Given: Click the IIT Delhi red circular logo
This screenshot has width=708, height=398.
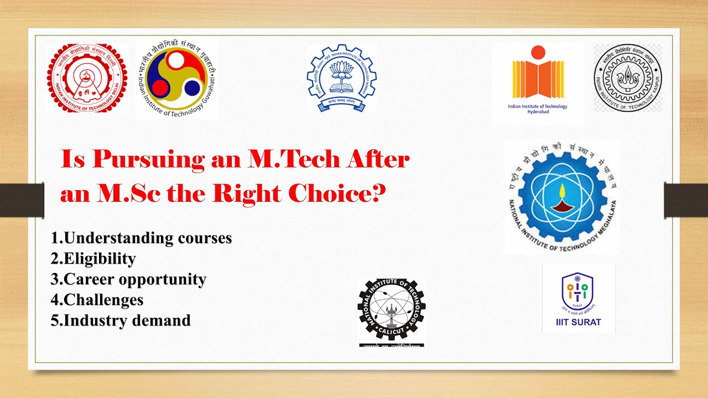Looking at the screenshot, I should click(x=87, y=78).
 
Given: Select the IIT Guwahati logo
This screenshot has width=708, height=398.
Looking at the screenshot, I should click(x=178, y=79).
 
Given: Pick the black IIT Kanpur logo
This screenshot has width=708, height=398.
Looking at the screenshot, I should click(x=628, y=78).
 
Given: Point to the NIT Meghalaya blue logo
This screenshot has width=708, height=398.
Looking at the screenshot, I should click(x=562, y=196).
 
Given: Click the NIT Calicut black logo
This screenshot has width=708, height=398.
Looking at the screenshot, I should click(x=391, y=312).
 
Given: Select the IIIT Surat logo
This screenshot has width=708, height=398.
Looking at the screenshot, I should click(x=578, y=298).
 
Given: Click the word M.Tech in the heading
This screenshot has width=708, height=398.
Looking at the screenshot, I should click(x=282, y=160).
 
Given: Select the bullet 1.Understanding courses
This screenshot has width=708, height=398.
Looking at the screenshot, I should click(x=141, y=238).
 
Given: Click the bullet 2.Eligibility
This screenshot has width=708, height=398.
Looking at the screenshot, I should click(x=93, y=259).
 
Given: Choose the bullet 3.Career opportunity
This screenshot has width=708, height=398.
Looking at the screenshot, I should click(x=128, y=279).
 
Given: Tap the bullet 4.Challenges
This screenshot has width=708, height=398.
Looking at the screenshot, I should click(x=97, y=300).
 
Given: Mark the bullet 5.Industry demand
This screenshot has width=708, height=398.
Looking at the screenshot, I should click(x=121, y=320).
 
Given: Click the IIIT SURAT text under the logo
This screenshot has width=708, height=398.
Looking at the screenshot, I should click(x=578, y=322).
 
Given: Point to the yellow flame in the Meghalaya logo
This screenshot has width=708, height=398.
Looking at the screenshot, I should click(x=562, y=192).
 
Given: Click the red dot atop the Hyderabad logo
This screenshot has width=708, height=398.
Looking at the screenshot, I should click(x=537, y=52).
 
